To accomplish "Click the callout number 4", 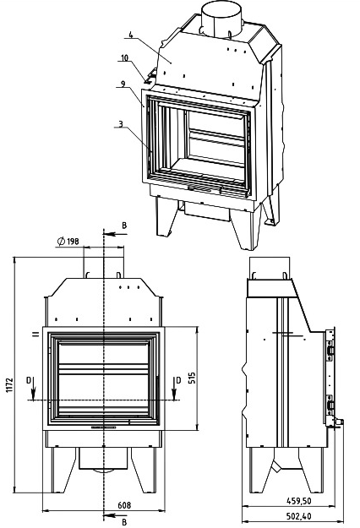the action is click(131, 35).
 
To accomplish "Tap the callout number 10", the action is click(124, 58).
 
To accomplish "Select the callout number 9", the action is click(123, 84).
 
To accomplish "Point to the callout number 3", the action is click(121, 124).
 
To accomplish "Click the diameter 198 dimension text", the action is click(68, 241).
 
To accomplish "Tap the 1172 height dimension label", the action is click(9, 385).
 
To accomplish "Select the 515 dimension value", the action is click(192, 378).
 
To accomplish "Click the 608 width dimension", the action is click(124, 505).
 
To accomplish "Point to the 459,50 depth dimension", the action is click(299, 501).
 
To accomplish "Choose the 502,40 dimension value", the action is click(298, 516).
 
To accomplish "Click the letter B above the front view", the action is click(124, 226).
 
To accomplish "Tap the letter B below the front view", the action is click(124, 522).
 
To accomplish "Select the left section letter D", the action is click(29, 380).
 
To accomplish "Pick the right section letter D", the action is click(178, 380).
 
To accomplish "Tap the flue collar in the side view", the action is click(270, 268).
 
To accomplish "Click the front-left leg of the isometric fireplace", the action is click(165, 216).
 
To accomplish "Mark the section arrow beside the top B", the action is click(115, 234).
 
